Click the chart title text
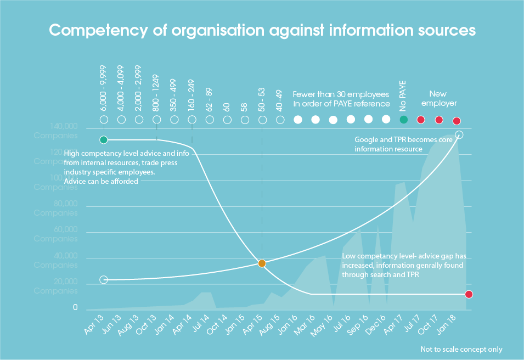(262, 30)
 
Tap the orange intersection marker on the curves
(262, 263)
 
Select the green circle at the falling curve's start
(104, 140)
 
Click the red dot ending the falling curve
(469, 294)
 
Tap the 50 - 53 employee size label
(262, 99)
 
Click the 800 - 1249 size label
(156, 94)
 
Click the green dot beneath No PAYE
(403, 119)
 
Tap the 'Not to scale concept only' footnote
(461, 349)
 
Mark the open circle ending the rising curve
(459, 134)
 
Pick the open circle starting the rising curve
(104, 280)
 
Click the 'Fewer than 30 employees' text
(341, 94)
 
